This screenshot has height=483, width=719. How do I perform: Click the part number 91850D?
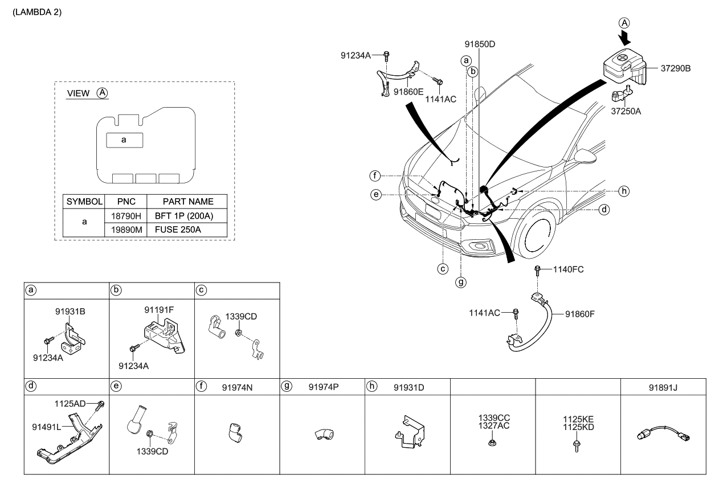click(479, 43)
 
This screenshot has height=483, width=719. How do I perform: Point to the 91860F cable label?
click(582, 313)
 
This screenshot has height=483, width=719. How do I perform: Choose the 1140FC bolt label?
click(568, 269)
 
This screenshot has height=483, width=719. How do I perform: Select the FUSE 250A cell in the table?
click(179, 230)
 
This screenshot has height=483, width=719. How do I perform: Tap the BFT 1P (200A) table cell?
click(186, 216)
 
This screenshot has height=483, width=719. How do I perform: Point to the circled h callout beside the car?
click(624, 190)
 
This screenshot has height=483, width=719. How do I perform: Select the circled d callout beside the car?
click(604, 210)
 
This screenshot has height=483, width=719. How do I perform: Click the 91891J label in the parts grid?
click(663, 387)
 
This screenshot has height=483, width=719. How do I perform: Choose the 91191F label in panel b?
click(158, 309)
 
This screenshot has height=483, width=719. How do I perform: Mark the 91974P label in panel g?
click(324, 387)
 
